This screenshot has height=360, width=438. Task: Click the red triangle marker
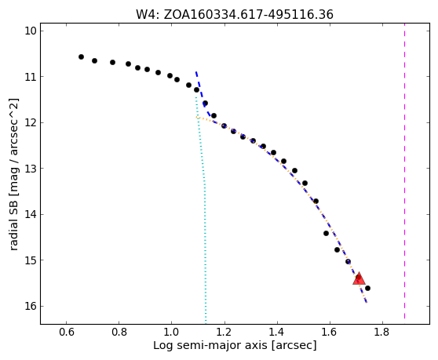[x=359, y=278]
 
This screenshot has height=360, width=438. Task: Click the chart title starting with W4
[x=235, y=15]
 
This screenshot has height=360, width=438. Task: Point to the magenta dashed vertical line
[x=404, y=174]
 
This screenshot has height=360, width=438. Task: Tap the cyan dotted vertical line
[x=201, y=206]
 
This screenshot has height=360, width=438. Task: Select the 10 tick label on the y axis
[x=31, y=31]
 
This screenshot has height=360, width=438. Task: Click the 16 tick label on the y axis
[x=31, y=306]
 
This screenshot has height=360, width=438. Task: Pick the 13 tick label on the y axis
[x=31, y=169]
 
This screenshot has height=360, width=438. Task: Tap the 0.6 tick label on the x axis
[x=66, y=333]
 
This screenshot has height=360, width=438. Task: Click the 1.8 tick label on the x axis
[x=382, y=333]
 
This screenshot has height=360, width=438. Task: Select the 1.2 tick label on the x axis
[x=224, y=333]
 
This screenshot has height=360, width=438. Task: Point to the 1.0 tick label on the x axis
[x=172, y=333]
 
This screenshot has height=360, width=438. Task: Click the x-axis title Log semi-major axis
[x=235, y=345]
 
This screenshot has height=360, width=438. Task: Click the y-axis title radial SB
[x=14, y=174]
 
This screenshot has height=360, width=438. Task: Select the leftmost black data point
[x=81, y=57]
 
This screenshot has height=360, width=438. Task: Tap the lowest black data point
[x=367, y=288]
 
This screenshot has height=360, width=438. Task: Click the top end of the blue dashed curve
[x=196, y=72]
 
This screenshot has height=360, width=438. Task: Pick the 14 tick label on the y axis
[x=31, y=214]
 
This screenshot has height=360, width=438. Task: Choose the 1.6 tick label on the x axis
[x=330, y=333]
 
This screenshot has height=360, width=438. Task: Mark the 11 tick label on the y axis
[x=31, y=76]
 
